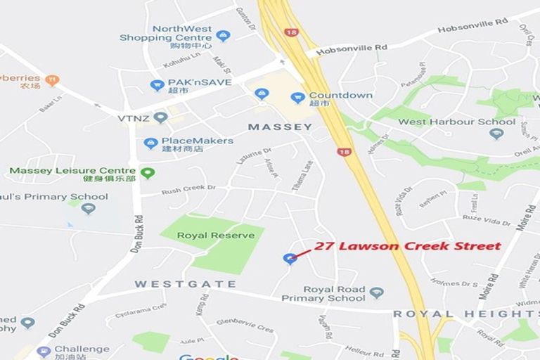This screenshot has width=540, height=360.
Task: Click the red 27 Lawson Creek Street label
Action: pos(408,246)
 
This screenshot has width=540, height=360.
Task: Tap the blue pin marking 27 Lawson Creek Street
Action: pos(288,259)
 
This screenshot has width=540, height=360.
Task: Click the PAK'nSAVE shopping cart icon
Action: pos(157,86)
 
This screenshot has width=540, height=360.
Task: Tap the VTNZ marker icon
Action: pos(161,117)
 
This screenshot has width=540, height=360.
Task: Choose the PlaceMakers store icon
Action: pos(150,143)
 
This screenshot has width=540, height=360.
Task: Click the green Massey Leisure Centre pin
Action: pos(147,172)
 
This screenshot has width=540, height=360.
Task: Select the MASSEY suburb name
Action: pos(281,127)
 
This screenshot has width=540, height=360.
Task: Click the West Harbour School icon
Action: pos(496,134)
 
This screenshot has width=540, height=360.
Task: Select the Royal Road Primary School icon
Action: pos(376,293)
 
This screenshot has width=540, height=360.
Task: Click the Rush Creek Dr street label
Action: pos(188,189)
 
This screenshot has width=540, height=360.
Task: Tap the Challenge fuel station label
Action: pos(82,349)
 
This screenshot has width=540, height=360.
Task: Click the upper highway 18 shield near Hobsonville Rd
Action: pos(290,32)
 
